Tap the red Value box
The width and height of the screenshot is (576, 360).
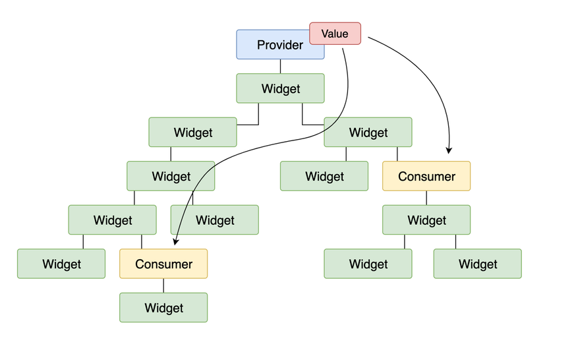(335, 34)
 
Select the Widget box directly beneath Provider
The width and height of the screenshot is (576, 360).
(280, 88)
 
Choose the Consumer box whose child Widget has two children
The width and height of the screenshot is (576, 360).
(426, 176)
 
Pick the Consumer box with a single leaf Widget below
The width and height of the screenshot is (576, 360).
(163, 264)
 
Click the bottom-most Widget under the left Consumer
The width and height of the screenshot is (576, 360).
(163, 308)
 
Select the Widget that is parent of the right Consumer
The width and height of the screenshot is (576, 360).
(368, 133)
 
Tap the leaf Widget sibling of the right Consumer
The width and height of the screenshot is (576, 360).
(324, 176)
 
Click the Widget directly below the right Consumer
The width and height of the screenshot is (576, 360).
(426, 220)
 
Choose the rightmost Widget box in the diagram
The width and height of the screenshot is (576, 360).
(477, 264)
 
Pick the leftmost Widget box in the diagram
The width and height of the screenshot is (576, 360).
(61, 264)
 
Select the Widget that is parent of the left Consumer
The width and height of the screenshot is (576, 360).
(112, 220)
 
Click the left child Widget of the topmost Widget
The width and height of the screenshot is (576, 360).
(192, 133)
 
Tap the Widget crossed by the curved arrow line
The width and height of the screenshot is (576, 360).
(171, 176)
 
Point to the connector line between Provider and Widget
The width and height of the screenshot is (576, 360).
(280, 66)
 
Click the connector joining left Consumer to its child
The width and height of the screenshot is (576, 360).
(163, 285)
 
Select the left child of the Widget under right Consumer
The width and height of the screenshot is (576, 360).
(368, 264)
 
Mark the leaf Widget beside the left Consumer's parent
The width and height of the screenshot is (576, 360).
(214, 220)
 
